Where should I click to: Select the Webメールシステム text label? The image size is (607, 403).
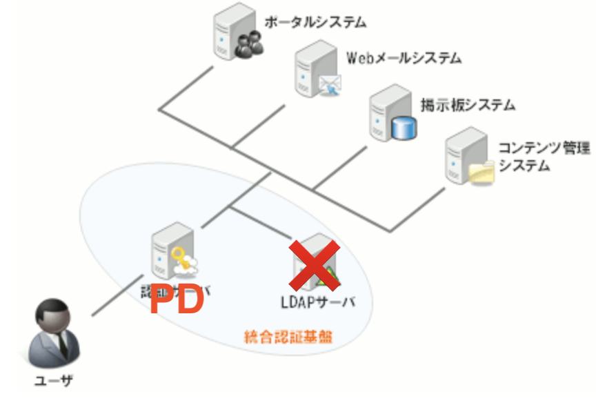[x=404, y=58]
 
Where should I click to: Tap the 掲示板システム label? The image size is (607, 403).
[x=468, y=106]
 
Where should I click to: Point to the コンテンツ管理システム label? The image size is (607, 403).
[x=544, y=157]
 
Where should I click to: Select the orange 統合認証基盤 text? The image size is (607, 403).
[x=288, y=337]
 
